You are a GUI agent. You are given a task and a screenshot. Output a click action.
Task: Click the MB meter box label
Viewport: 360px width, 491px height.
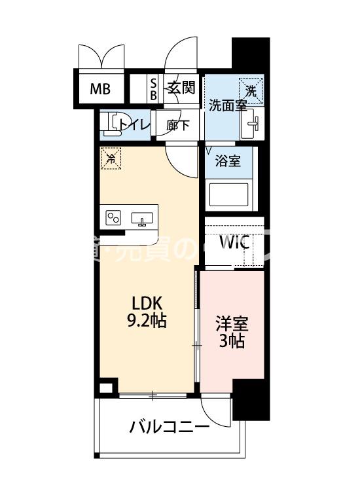tap(99, 88)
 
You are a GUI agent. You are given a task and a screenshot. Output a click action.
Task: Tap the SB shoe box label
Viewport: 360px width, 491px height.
tap(154, 88)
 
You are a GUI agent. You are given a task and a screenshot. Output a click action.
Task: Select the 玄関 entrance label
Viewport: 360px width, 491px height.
tap(181, 88)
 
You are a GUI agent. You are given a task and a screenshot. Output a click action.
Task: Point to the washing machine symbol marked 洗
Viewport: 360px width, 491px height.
tap(251, 88)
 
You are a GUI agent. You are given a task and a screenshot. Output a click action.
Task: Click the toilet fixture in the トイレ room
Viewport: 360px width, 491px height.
tap(114, 123)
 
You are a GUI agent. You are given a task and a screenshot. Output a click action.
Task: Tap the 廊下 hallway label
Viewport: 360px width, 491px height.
tap(178, 124)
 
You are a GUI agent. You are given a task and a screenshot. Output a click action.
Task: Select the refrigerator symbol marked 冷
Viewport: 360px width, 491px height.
tap(111, 158)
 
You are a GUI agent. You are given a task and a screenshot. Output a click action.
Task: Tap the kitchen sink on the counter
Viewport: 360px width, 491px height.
tap(142, 219)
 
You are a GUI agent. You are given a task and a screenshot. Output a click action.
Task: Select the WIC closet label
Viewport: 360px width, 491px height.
tap(234, 242)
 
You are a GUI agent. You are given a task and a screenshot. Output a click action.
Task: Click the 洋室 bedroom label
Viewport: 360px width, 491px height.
tap(232, 323)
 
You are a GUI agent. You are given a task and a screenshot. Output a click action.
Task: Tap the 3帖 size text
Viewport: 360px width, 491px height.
tap(232, 340)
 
